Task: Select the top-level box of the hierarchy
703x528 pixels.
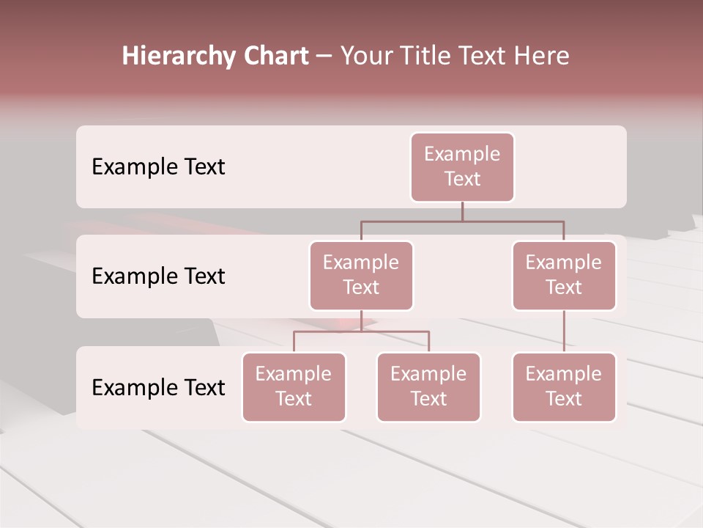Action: (462, 167)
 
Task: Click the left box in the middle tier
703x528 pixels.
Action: (361, 276)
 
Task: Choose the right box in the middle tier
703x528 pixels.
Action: (564, 276)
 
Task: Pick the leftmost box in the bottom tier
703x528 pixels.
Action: (294, 387)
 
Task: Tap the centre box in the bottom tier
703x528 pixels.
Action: (428, 387)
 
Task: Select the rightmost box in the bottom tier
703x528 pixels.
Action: (564, 387)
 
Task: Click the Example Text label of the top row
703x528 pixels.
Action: (158, 167)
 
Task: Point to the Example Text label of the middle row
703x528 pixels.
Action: (158, 276)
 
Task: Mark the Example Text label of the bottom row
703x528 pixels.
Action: (158, 387)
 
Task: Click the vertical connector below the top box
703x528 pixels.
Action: (462, 211)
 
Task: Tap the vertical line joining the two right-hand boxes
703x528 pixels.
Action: (564, 331)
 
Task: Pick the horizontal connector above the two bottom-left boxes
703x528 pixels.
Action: (361, 331)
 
